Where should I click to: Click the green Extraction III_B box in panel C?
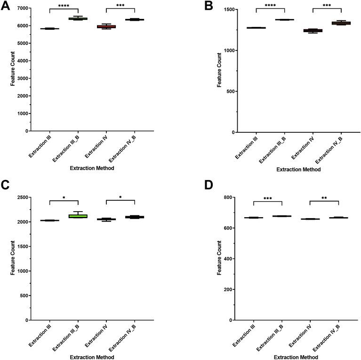click(x=78, y=216)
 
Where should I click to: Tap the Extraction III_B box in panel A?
click(x=78, y=19)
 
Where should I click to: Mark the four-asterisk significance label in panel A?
click(x=64, y=6)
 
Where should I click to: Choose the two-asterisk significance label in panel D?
click(x=324, y=198)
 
